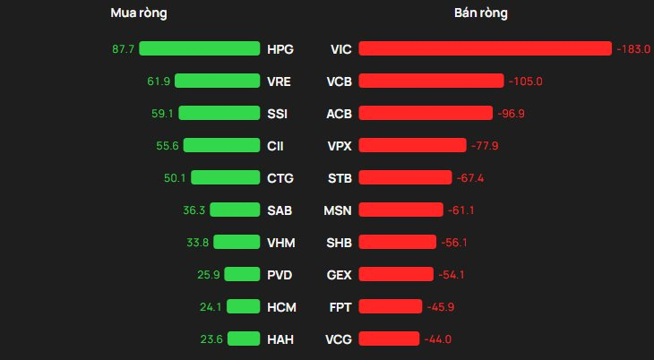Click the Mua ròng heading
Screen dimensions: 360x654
click(138, 13)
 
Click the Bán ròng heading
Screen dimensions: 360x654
click(480, 13)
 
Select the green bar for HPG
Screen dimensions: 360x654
click(199, 49)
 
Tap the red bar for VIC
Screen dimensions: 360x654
click(485, 49)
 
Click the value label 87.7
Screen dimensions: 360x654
click(123, 49)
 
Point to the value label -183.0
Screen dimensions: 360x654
click(633, 49)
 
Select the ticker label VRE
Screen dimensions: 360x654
click(280, 81)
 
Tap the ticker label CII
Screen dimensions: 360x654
click(275, 146)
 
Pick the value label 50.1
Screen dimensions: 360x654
click(174, 178)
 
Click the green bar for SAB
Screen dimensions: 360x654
click(235, 210)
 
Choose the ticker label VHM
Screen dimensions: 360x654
click(281, 243)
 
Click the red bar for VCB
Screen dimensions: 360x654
click(431, 81)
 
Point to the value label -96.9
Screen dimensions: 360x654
click(511, 114)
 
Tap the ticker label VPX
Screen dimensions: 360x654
click(340, 146)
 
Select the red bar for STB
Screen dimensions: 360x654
click(405, 178)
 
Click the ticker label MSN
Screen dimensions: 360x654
click(338, 210)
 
